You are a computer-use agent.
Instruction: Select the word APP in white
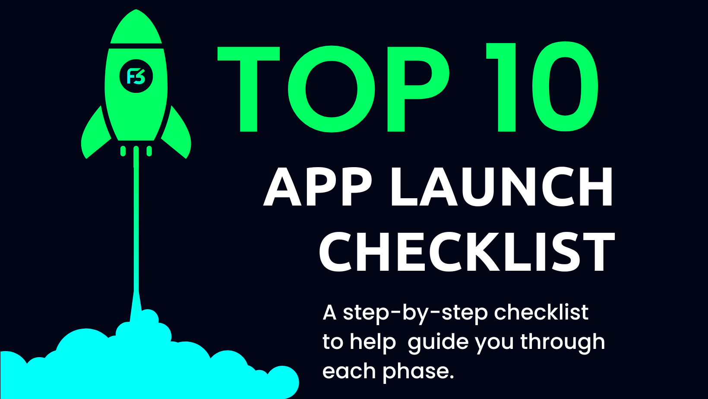click(x=318, y=187)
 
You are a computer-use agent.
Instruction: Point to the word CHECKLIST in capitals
click(x=467, y=252)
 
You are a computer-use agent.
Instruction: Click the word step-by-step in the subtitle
click(x=414, y=313)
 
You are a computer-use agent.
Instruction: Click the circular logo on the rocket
click(x=136, y=76)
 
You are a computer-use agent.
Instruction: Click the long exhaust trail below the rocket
click(x=136, y=225)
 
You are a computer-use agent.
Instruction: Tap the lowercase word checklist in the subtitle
click(x=541, y=313)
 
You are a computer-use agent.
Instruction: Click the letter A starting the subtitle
click(x=329, y=313)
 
